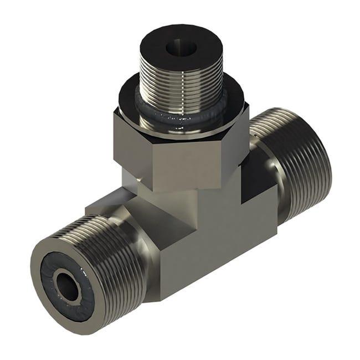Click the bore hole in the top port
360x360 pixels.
181,48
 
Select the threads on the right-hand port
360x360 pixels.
299,155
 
